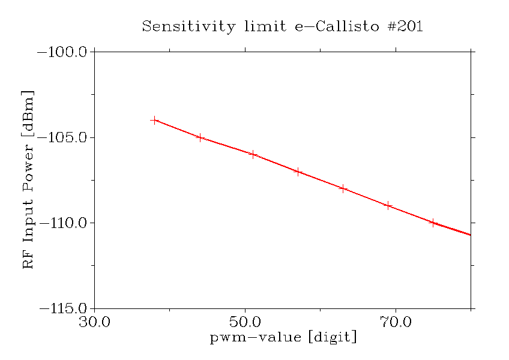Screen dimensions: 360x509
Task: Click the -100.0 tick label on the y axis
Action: pyautogui.click(x=63, y=52)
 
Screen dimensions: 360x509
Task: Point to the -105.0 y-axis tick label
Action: pyautogui.click(x=63, y=138)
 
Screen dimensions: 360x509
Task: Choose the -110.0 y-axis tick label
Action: pyautogui.click(x=63, y=223)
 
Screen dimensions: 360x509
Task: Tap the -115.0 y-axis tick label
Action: pyautogui.click(x=63, y=309)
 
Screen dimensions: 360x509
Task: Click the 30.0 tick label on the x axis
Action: pyautogui.click(x=94, y=323)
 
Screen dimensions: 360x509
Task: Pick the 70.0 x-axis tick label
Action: pyautogui.click(x=396, y=323)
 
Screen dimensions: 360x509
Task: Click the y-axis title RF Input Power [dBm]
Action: pyautogui.click(x=28, y=180)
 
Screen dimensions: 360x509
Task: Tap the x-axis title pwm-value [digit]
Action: pyautogui.click(x=283, y=338)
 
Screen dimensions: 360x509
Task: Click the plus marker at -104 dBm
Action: pyautogui.click(x=155, y=120)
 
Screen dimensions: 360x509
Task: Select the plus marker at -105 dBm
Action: pyautogui.click(x=200, y=137)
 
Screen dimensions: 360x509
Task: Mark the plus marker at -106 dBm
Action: pyautogui.click(x=253, y=154)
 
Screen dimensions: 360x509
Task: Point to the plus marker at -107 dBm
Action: pyautogui.click(x=298, y=172)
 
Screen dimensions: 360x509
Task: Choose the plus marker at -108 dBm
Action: pyautogui.click(x=343, y=188)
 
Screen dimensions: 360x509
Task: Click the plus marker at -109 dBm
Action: pyautogui.click(x=388, y=206)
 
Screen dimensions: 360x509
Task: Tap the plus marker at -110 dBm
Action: pyautogui.click(x=433, y=223)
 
